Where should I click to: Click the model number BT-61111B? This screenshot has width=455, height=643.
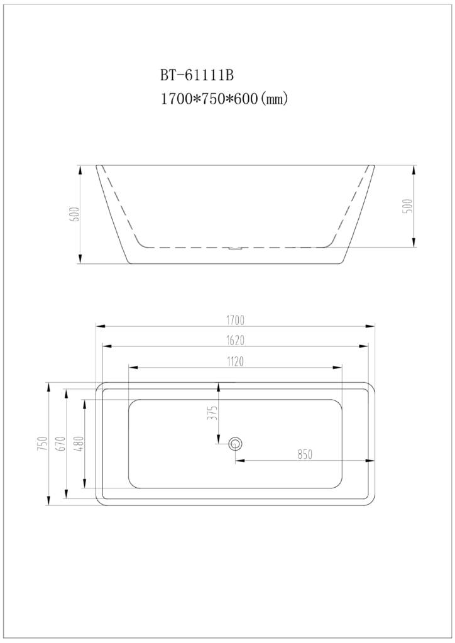[197, 75]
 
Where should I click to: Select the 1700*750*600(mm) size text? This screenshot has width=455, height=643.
[224, 99]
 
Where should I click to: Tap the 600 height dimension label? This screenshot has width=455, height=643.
[75, 214]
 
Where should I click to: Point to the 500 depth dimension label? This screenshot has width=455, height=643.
[408, 206]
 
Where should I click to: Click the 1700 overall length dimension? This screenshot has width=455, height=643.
[235, 319]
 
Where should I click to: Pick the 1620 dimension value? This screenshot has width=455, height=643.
[235, 341]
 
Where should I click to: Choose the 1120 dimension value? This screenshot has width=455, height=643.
[235, 361]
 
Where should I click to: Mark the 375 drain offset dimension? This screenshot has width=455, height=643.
[212, 412]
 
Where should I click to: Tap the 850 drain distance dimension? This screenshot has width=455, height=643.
[305, 454]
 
